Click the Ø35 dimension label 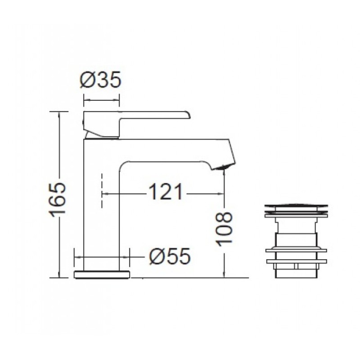click(x=100, y=80)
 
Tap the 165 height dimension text click(x=58, y=200)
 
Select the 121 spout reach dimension click(x=166, y=192)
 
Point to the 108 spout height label click(x=224, y=229)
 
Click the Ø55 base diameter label click(x=170, y=256)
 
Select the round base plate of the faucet click(x=102, y=275)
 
